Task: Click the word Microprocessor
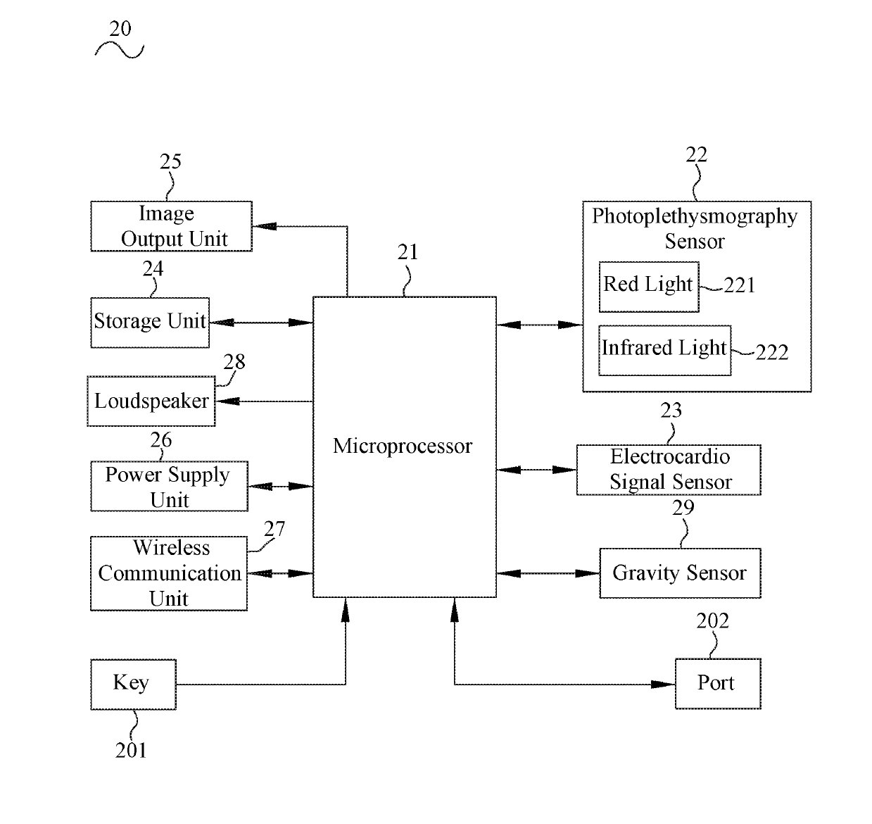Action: coord(403,446)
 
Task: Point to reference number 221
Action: coord(740,285)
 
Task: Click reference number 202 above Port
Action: coord(713,620)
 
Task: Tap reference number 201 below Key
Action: coord(131,750)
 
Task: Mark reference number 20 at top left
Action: coord(120,29)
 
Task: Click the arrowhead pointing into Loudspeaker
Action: coord(227,401)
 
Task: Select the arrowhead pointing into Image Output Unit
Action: coord(265,226)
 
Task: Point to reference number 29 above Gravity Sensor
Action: coord(683,508)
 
